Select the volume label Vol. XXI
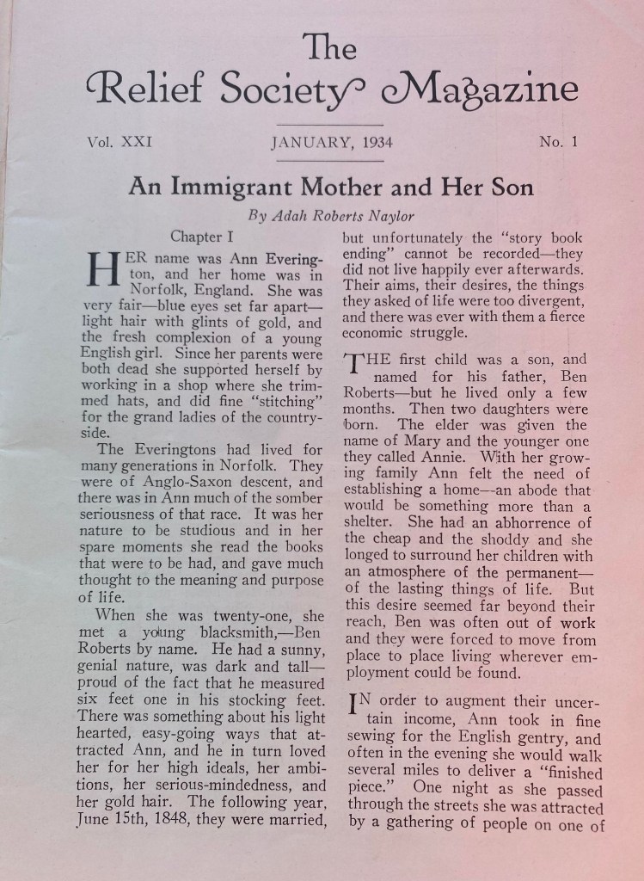(119, 142)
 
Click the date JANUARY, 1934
(332, 142)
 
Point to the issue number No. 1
(559, 142)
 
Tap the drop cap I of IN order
(354, 708)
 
